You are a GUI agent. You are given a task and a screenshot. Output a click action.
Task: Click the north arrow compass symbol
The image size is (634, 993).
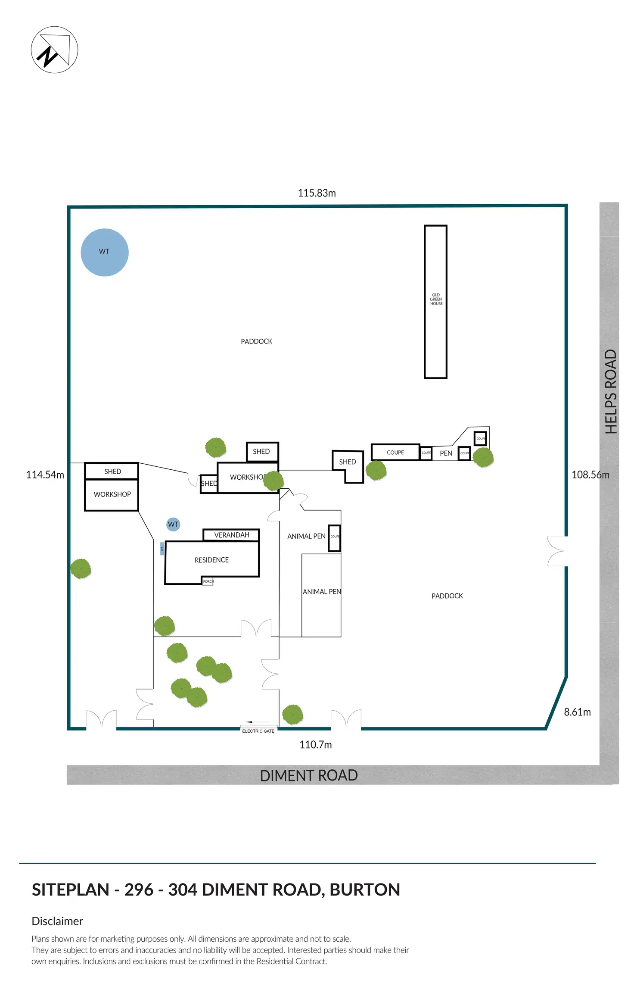(x=54, y=50)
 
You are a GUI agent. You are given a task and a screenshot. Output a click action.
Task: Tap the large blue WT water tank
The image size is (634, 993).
(x=105, y=252)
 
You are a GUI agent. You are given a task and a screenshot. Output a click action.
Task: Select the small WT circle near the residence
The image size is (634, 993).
(x=173, y=524)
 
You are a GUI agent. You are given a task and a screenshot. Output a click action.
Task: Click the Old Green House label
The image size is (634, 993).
(x=436, y=299)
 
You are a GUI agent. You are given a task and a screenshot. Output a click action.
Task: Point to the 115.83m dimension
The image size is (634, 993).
(x=317, y=193)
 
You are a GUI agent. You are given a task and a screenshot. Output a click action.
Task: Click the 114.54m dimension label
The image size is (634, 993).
(x=45, y=475)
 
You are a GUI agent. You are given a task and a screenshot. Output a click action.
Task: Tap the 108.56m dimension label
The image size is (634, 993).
(x=590, y=475)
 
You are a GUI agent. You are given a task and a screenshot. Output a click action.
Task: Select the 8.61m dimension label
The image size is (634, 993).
(x=577, y=712)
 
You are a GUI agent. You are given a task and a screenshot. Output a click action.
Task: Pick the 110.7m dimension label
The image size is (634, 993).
(x=315, y=744)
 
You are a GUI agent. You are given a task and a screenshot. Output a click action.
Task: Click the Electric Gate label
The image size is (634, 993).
(x=258, y=731)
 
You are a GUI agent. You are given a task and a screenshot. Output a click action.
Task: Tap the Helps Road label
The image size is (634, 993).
(x=611, y=391)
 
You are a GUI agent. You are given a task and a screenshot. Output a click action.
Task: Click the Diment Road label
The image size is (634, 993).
(x=309, y=775)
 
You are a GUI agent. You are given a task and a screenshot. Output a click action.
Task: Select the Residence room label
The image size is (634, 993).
(x=211, y=560)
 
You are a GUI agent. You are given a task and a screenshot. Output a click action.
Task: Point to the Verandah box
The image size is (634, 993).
(x=231, y=535)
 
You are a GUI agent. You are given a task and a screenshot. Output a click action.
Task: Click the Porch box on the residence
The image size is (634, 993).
(x=208, y=581)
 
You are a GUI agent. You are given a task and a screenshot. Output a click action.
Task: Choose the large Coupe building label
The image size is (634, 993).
(x=395, y=453)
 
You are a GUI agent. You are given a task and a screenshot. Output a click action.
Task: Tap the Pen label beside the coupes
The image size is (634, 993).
(x=446, y=453)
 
